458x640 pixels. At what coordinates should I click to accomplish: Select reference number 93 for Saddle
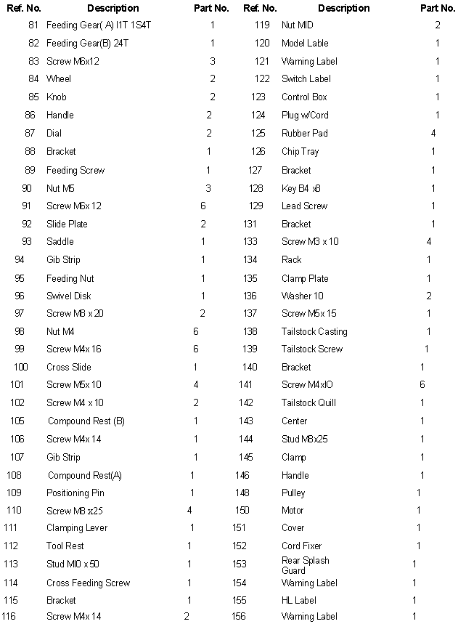26,241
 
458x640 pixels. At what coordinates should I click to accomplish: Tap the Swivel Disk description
69,296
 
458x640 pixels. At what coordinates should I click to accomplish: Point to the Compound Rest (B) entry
86,421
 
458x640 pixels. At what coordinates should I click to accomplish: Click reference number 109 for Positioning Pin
14,493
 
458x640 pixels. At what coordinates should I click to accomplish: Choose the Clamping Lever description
77,527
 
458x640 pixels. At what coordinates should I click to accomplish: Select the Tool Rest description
65,546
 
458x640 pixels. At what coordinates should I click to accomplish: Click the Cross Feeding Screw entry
89,583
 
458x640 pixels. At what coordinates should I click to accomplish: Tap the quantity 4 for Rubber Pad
433,133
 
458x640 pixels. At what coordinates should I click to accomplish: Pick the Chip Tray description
300,151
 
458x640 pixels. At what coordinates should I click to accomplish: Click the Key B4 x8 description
301,188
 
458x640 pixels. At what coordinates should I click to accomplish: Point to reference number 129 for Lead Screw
255,206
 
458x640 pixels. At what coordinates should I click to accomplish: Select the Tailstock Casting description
314,331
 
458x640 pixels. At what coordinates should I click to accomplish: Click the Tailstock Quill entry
308,402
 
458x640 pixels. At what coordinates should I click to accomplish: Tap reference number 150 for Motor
242,510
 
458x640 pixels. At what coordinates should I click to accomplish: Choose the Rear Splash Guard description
306,565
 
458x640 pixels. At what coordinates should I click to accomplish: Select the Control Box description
304,97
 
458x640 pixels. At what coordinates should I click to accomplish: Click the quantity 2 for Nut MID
438,25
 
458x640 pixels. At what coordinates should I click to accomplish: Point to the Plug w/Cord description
305,115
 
